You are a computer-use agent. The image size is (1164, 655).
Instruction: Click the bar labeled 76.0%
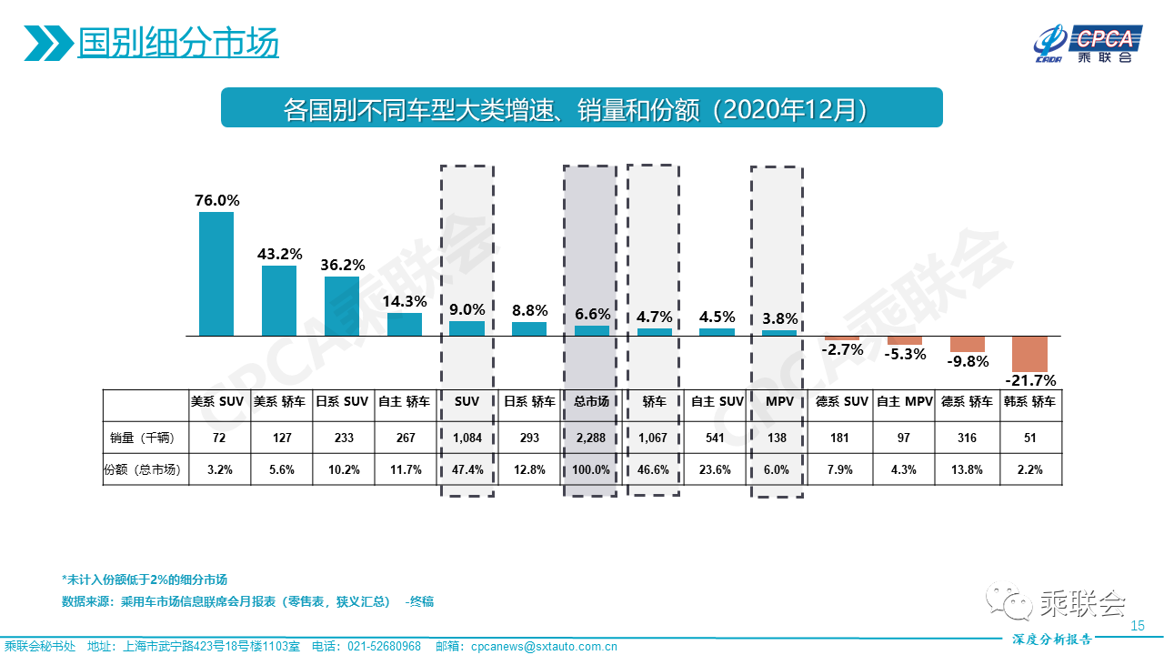click(216, 274)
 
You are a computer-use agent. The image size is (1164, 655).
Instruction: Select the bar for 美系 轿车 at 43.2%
click(279, 300)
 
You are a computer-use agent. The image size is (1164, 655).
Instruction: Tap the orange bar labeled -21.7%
click(1030, 354)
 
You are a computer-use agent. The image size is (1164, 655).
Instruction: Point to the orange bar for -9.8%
click(968, 344)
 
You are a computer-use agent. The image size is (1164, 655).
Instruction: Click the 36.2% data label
click(343, 265)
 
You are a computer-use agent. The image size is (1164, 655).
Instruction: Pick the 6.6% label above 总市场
click(593, 314)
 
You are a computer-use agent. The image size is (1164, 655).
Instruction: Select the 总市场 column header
click(591, 401)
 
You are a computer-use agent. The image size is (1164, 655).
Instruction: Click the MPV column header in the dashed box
click(777, 401)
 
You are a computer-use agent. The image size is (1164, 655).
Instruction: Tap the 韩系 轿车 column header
click(1030, 401)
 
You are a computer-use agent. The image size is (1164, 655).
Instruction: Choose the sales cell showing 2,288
click(591, 438)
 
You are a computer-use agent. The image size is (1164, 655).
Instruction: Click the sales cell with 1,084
click(467, 438)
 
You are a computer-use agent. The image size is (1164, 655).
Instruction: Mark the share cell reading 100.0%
click(591, 470)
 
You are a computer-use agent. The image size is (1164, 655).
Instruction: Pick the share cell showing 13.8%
click(967, 470)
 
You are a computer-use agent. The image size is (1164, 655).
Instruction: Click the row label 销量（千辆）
click(141, 438)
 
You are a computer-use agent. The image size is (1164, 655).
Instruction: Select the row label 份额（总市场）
click(141, 470)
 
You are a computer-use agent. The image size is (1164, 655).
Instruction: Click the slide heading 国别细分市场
click(178, 42)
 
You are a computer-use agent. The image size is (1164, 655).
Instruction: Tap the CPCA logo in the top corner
click(1086, 43)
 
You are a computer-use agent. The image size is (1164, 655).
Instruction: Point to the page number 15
click(1136, 626)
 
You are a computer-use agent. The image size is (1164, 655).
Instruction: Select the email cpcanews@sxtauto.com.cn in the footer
click(544, 647)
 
